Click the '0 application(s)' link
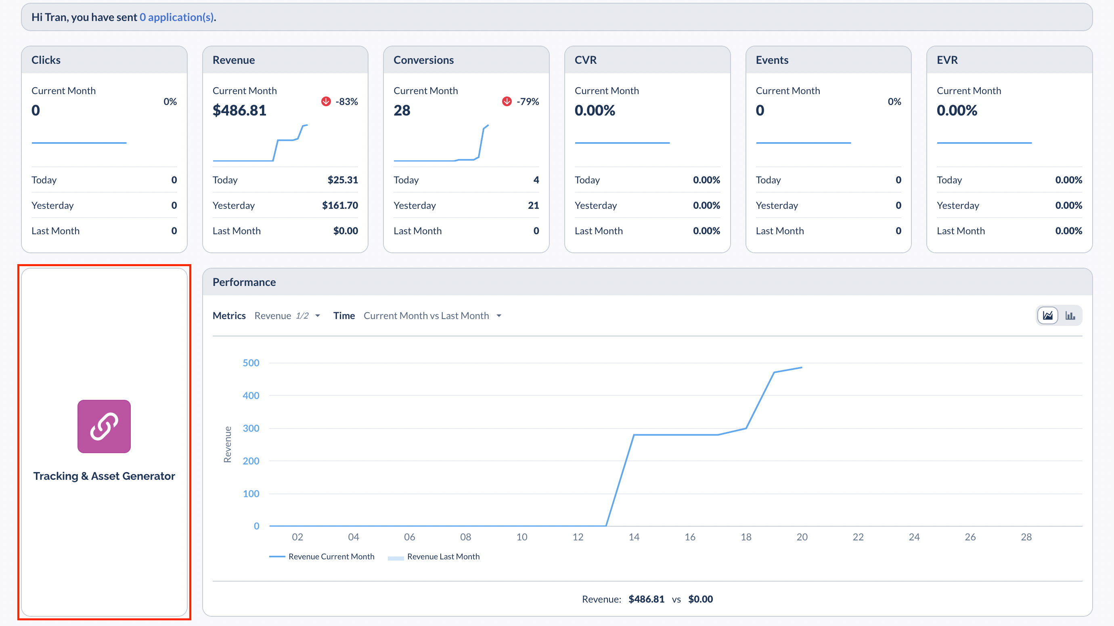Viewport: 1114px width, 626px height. pos(177,17)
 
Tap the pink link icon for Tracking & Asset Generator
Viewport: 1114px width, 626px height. pos(104,426)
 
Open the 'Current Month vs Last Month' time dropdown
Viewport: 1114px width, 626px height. pos(432,316)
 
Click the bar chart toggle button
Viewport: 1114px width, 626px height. pos(1070,315)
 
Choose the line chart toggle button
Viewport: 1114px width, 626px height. pos(1047,315)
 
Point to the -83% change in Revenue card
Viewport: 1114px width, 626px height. pos(346,102)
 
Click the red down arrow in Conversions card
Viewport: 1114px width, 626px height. pos(507,101)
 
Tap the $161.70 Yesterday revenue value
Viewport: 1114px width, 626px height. pos(340,206)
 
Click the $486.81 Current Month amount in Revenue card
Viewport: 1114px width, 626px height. pos(239,110)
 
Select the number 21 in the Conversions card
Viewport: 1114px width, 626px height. pos(533,206)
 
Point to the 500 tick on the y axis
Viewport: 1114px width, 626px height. pos(251,363)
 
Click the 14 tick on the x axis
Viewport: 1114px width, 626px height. pos(634,537)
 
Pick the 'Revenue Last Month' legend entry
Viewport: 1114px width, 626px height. pos(443,557)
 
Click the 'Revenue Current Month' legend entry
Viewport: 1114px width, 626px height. pos(331,557)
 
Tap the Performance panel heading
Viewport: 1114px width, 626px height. pos(244,282)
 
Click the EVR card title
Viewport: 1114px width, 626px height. pos(946,60)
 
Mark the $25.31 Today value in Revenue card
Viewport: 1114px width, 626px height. pos(343,180)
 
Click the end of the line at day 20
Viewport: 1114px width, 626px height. pos(802,368)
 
